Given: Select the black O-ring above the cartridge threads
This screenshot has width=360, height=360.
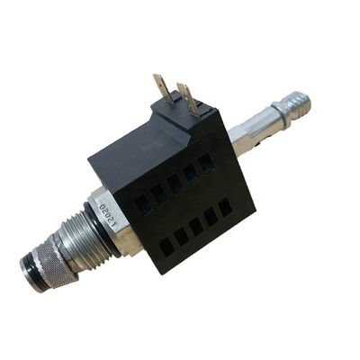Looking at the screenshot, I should tap(90, 216).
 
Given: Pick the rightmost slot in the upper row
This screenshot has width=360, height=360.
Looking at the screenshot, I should tap(207, 163).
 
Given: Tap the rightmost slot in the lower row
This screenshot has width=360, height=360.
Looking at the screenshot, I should tap(224, 206).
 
